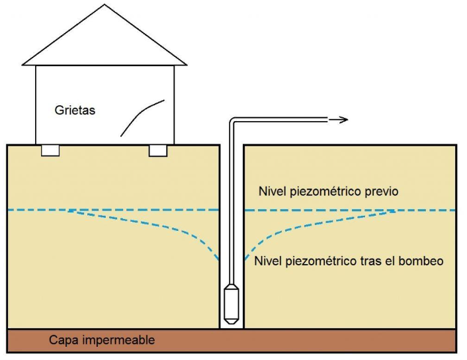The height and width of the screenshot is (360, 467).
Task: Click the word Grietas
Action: [75, 111]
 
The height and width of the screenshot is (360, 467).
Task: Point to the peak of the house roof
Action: [105, 5]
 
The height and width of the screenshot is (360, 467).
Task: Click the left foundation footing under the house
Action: [50, 150]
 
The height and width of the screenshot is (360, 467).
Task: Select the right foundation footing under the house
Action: [158, 150]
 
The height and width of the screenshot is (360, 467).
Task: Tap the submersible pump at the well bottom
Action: [232, 304]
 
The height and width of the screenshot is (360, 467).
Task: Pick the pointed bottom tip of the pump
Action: [232, 324]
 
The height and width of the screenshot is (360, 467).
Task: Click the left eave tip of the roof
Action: [22, 64]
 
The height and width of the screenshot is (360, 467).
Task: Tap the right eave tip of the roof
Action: [187, 64]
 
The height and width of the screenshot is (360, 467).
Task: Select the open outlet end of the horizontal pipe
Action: [327, 120]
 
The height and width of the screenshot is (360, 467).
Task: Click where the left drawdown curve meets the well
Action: [220, 260]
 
